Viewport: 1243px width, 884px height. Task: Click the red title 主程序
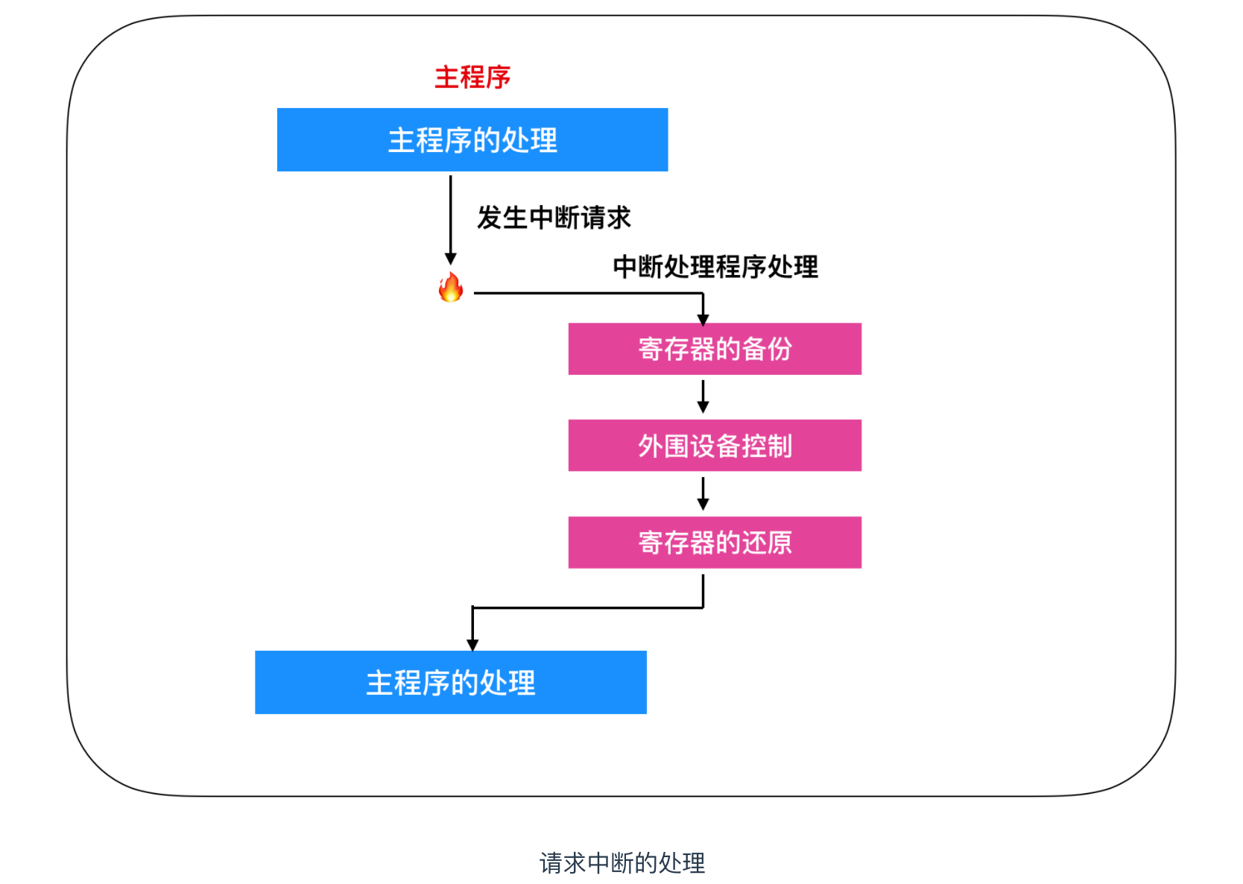point(472,77)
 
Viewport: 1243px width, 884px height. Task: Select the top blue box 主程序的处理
point(472,140)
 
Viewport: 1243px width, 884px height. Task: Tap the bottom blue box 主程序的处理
point(451,683)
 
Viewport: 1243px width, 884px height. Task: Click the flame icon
point(451,288)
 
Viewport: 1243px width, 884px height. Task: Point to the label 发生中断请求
point(554,218)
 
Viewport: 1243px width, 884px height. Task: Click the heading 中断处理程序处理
point(715,266)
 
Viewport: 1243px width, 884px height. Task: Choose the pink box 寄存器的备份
point(715,349)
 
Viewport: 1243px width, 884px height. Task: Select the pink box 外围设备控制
point(715,446)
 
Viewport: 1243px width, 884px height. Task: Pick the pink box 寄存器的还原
point(715,543)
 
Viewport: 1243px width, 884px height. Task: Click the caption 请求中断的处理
point(621,863)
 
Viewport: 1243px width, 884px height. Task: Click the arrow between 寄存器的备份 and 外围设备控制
point(703,397)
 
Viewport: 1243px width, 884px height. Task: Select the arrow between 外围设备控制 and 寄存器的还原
point(703,493)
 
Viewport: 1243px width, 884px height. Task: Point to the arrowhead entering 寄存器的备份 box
point(703,319)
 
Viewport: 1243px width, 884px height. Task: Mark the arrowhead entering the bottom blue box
point(472,645)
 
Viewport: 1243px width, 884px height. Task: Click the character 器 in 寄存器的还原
point(703,543)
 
